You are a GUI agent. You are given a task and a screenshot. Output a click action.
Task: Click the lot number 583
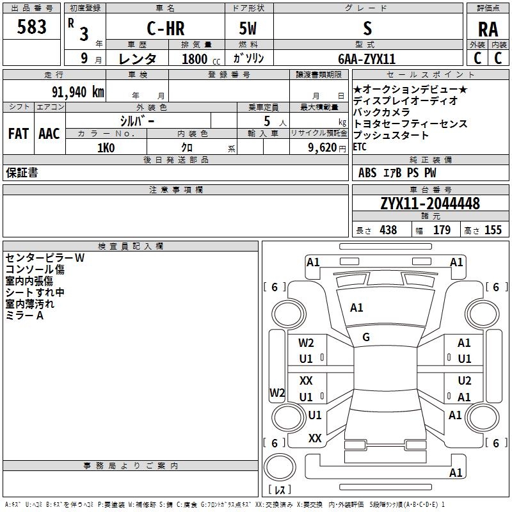click(x=32, y=27)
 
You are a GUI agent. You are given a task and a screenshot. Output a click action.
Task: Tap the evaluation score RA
click(x=488, y=29)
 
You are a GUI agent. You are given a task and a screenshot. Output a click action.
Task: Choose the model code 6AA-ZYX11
click(x=367, y=59)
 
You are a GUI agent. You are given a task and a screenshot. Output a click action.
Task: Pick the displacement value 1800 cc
click(x=195, y=59)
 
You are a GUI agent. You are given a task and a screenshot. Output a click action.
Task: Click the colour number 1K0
click(x=106, y=147)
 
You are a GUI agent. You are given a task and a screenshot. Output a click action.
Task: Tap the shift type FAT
click(x=18, y=134)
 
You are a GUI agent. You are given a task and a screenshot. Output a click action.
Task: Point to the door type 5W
click(x=249, y=29)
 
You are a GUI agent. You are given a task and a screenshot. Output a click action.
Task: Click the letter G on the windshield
click(x=366, y=337)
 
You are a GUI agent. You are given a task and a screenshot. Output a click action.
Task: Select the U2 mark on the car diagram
click(x=464, y=380)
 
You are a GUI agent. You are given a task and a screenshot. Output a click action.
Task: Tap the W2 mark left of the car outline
click(x=276, y=393)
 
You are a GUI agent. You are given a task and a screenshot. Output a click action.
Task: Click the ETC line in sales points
click(x=360, y=147)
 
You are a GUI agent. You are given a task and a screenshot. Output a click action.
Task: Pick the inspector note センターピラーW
click(x=45, y=258)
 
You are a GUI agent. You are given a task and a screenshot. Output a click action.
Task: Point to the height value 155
click(x=493, y=230)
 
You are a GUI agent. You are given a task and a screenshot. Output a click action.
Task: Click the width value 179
click(x=442, y=230)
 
